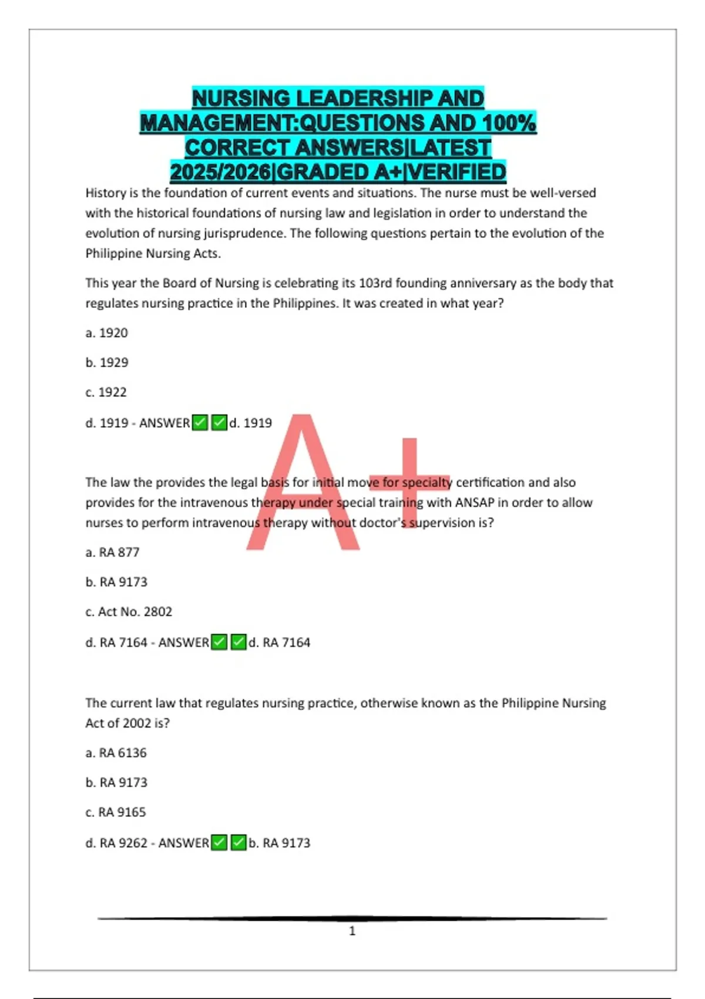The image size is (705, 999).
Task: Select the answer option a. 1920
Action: coord(106,333)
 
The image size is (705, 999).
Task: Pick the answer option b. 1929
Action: coord(106,363)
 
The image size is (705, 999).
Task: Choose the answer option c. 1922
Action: coord(106,393)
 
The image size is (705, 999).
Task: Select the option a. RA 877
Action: coord(112,552)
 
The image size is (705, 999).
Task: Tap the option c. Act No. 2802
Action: coord(129,612)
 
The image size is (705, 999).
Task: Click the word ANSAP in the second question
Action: coord(475,503)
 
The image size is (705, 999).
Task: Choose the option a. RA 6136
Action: coord(116,753)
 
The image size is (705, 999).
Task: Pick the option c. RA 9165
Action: coord(115,812)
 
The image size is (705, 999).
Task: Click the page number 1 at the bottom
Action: coord(352,931)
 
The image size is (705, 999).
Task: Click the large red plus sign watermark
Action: coord(410,482)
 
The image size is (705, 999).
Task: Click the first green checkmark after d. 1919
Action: coord(200,423)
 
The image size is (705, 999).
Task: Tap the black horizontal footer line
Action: coord(352,918)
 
